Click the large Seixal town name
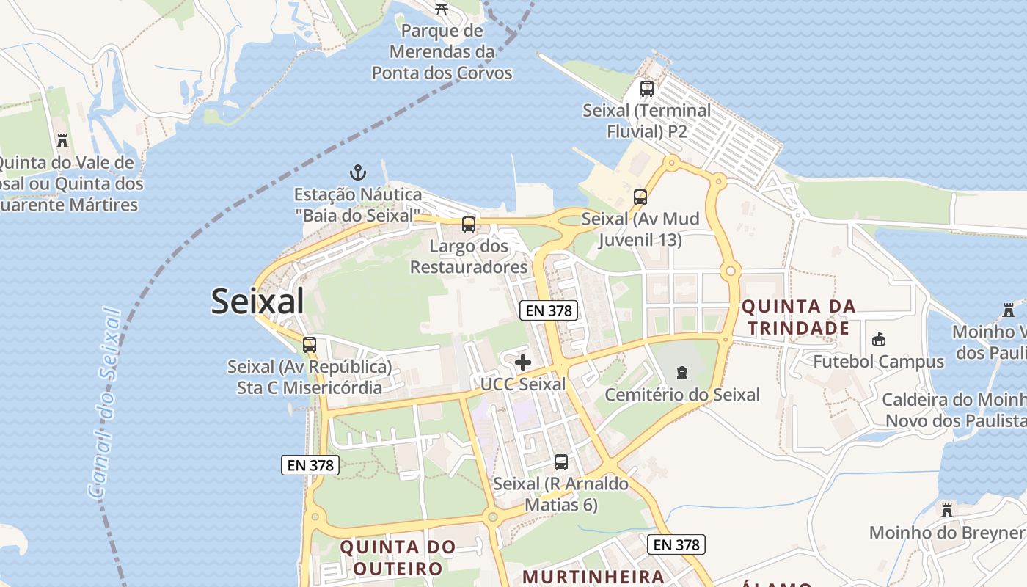click(x=257, y=302)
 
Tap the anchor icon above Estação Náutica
click(x=357, y=173)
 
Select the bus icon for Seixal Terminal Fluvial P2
click(x=646, y=89)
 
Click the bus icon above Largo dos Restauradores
click(x=468, y=225)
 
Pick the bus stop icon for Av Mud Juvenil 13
click(x=640, y=197)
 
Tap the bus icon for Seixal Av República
click(x=310, y=344)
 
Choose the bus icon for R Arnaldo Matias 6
click(x=561, y=462)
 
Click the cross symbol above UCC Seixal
click(x=523, y=362)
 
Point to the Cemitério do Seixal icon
click(x=682, y=373)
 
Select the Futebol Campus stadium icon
click(x=878, y=339)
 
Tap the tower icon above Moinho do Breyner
click(x=947, y=510)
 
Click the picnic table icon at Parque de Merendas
click(x=442, y=9)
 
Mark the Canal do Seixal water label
click(x=104, y=404)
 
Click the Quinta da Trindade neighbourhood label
click(x=798, y=317)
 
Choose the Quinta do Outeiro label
click(x=398, y=558)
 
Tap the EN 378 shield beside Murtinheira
click(x=676, y=544)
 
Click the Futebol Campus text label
click(x=878, y=362)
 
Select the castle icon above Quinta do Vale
click(x=62, y=140)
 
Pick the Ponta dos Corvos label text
click(x=442, y=73)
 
